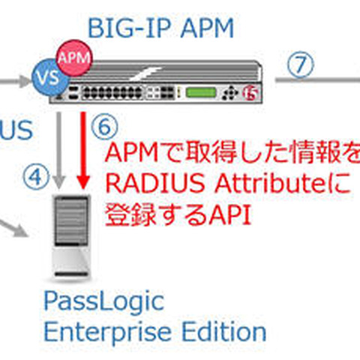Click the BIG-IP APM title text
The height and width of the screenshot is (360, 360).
[x=160, y=28]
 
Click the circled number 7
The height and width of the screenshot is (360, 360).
[x=300, y=64]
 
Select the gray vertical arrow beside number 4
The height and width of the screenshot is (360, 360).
[x=58, y=150]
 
